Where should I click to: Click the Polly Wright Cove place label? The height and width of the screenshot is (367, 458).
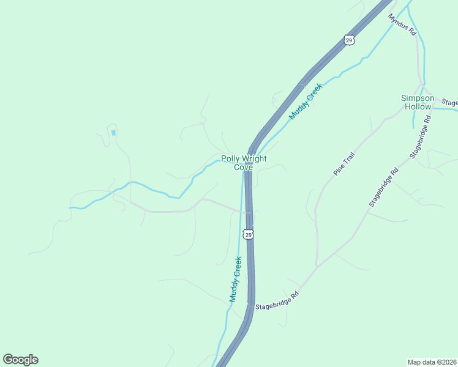point(244,163)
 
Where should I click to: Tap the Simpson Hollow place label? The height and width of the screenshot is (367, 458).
point(418,102)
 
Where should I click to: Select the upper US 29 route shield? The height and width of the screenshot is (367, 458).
point(348,40)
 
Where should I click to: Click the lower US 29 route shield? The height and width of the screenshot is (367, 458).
point(247,234)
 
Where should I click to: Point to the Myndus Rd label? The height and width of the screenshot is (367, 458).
point(402,23)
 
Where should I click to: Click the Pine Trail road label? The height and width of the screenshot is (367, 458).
point(344,164)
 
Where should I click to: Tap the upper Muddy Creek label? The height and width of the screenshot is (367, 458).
point(306,101)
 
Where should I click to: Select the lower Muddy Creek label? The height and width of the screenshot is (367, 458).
point(236,279)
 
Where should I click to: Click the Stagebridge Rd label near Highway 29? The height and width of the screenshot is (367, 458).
point(277,300)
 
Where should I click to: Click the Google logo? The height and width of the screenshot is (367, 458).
point(20,360)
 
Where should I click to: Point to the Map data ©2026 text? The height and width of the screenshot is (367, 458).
point(431,361)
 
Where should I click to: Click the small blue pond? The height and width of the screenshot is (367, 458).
point(113,132)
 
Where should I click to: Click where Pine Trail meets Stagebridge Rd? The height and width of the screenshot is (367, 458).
point(317,267)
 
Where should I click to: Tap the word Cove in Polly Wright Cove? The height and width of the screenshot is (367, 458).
point(244,167)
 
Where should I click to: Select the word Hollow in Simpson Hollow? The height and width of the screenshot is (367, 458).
point(418,106)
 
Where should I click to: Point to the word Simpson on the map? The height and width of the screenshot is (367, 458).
point(418,98)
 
